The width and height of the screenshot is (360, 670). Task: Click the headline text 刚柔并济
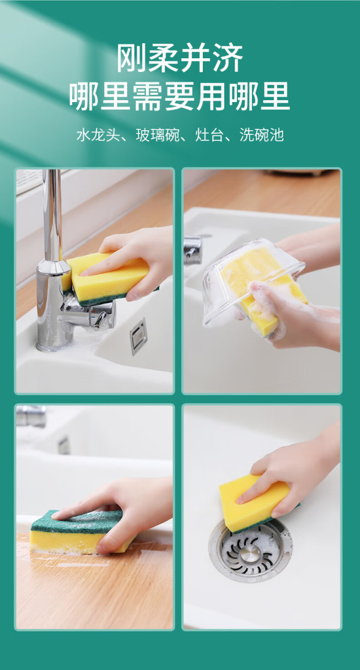tap(180, 58)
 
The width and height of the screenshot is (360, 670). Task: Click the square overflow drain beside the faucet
tap(139, 336)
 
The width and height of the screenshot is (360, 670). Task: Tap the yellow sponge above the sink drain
tap(255, 503)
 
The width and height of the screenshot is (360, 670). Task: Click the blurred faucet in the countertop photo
tap(31, 415)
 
